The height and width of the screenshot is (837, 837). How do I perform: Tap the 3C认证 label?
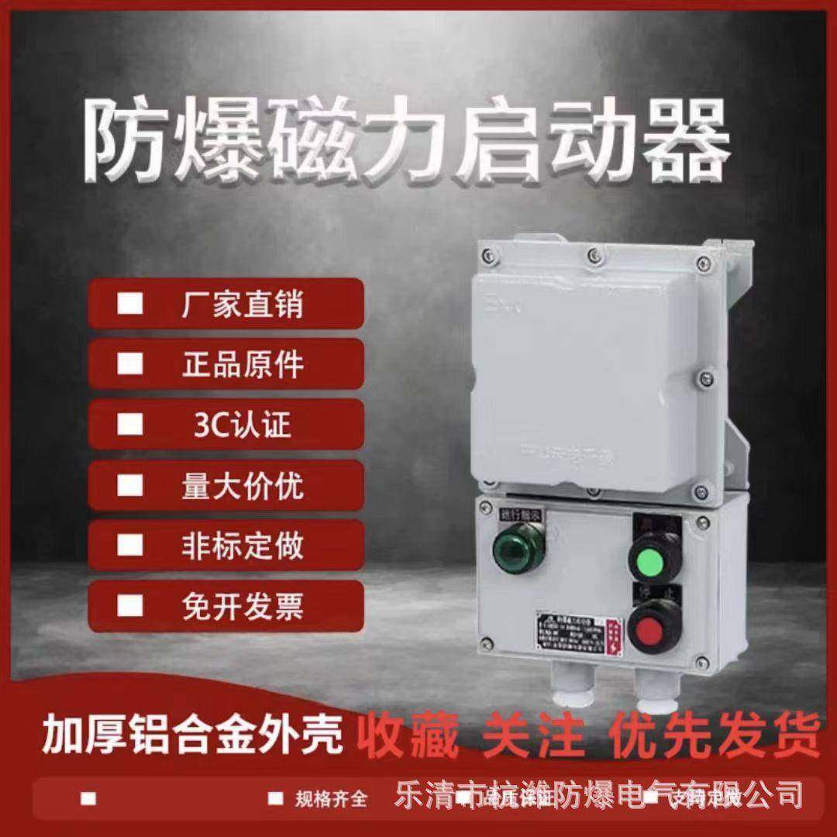[242, 425]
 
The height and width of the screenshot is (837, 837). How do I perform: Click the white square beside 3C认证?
[129, 425]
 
